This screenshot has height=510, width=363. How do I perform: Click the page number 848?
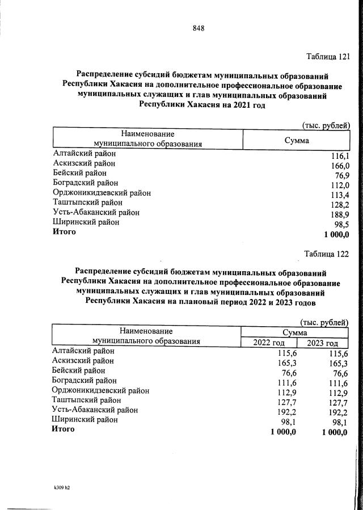click(x=198, y=28)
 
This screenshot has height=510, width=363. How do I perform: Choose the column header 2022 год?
click(x=270, y=343)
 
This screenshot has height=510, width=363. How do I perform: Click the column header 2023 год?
click(x=323, y=343)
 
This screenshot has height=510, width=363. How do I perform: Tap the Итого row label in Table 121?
click(x=64, y=232)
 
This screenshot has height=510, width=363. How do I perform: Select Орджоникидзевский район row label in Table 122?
click(x=100, y=390)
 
